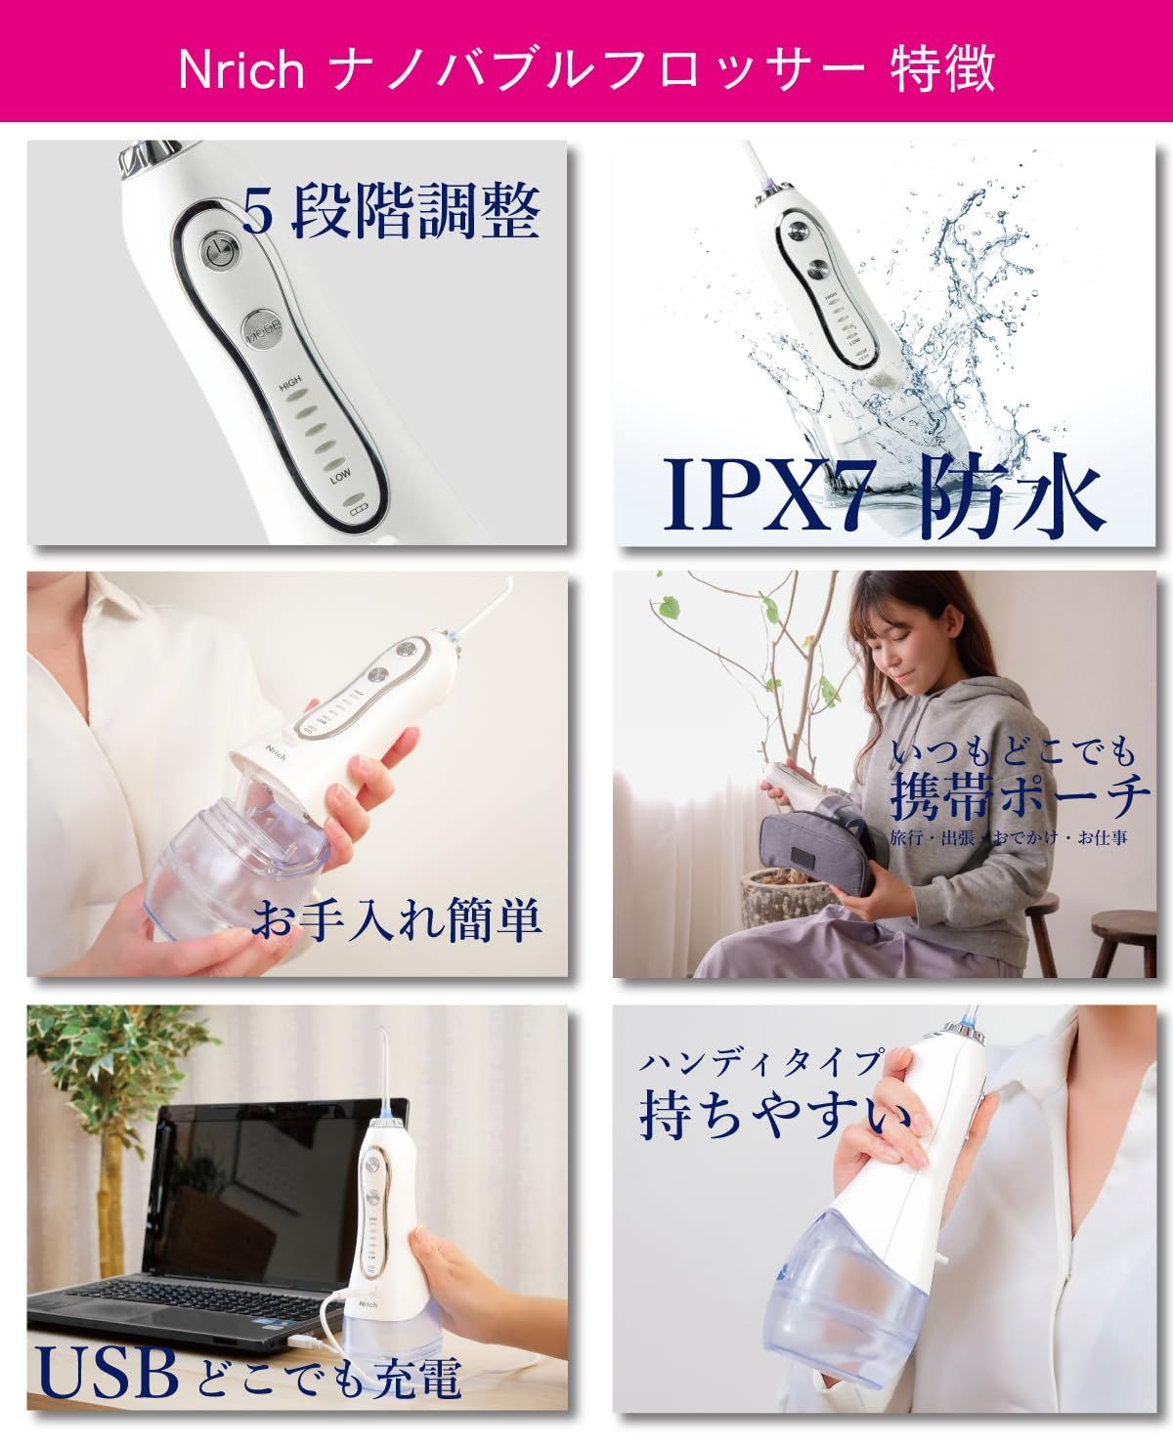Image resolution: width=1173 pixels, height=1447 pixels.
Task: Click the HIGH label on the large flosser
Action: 290,387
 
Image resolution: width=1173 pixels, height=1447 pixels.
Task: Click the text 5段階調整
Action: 391,212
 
